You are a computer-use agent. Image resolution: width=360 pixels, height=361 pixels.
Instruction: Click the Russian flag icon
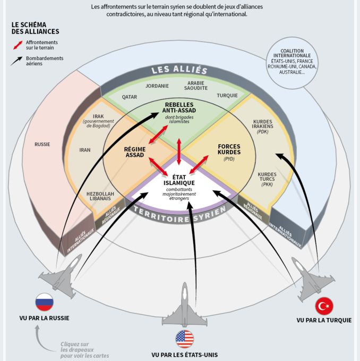point(45,303)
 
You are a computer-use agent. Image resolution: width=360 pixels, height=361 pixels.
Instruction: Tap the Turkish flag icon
point(324,306)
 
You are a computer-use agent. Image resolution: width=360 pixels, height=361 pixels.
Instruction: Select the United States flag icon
point(185,339)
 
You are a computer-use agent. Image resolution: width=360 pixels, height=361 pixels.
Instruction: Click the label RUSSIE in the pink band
point(43,144)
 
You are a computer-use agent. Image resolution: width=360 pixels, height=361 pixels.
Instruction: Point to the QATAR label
point(130,97)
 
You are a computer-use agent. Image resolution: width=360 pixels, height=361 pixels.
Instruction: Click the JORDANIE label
point(157,86)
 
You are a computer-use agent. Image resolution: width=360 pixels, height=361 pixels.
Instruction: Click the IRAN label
point(85,150)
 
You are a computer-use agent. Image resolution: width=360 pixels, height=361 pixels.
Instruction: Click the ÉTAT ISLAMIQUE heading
point(180,179)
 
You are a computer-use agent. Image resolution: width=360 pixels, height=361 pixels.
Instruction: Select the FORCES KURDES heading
point(229,149)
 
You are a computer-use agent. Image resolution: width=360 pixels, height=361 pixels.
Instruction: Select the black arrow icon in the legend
point(18,61)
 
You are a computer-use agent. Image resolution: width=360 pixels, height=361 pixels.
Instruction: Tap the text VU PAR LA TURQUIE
point(324,320)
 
